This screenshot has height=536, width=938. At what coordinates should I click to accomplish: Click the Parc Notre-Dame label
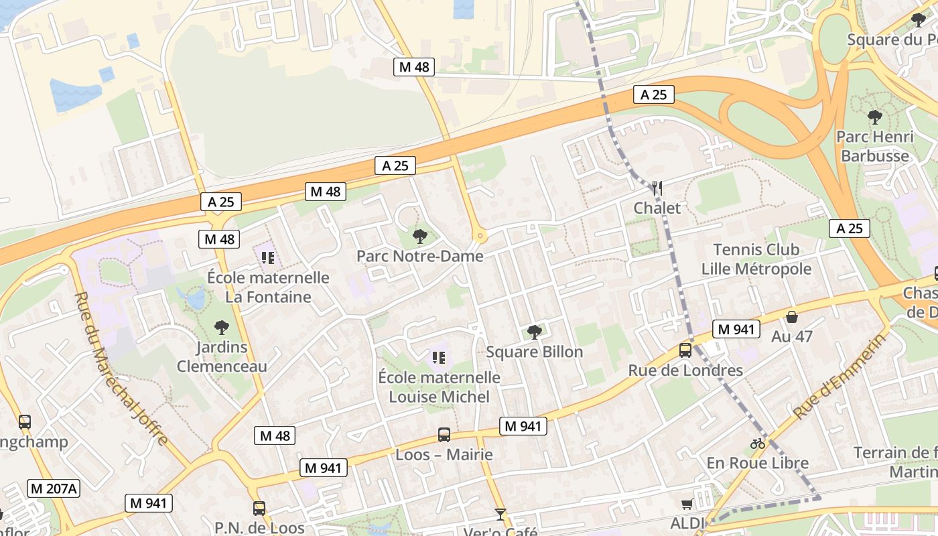coord(419,256)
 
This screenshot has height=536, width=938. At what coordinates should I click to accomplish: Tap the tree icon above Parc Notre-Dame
coord(420,236)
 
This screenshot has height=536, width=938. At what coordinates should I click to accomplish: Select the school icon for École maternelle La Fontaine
coord(268,257)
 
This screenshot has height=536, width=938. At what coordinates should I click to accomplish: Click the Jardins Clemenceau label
coord(222,356)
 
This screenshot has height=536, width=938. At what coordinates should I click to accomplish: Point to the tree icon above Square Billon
coord(534,332)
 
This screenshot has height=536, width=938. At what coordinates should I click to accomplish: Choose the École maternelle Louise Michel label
coord(440,387)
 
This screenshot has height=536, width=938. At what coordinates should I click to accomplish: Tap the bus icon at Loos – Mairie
coord(444,434)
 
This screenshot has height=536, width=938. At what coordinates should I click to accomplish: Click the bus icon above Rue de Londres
coord(685,350)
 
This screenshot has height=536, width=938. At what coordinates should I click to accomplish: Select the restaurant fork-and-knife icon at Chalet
coord(657,188)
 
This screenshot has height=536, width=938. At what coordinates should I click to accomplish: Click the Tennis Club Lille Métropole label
coord(756,259)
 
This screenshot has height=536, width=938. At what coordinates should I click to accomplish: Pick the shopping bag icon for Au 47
coord(791,317)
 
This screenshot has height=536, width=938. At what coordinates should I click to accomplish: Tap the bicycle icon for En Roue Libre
coord(758,444)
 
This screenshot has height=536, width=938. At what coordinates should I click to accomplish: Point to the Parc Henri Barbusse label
coord(874,146)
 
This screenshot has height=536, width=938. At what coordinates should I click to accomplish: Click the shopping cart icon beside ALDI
coord(687,505)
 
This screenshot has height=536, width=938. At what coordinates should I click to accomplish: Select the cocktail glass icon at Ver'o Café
coord(500,515)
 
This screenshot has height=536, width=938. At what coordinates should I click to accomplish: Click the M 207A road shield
coord(54,488)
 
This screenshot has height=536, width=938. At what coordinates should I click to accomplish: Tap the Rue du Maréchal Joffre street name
coord(121,368)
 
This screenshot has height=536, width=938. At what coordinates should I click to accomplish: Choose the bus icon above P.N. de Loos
coord(259,509)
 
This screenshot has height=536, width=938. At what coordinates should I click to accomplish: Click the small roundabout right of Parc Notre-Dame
coord(479,236)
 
